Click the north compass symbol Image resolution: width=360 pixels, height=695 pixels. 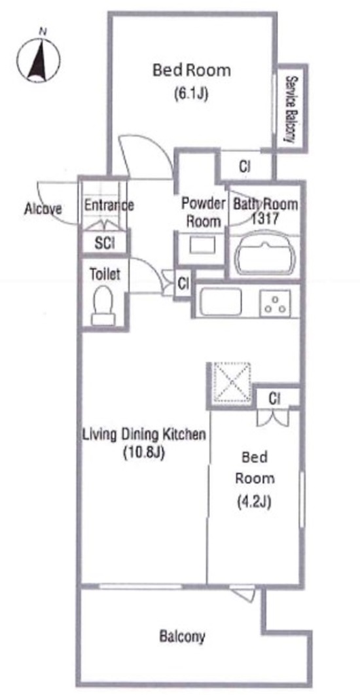click(38, 58)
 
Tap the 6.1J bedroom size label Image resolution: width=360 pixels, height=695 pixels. click(191, 94)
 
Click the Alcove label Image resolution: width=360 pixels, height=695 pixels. click(43, 208)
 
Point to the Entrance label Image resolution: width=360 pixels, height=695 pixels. click(109, 205)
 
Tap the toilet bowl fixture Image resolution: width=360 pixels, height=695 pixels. click(103, 305)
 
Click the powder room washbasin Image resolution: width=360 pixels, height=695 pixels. click(202, 245)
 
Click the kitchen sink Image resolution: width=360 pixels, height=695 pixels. click(221, 302)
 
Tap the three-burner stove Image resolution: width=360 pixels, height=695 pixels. click(276, 303)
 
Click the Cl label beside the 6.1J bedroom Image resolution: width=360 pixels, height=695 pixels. click(245, 167)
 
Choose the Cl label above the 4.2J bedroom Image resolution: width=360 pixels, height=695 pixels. click(275, 399)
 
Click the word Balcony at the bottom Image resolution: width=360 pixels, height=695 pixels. click(182, 637)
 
